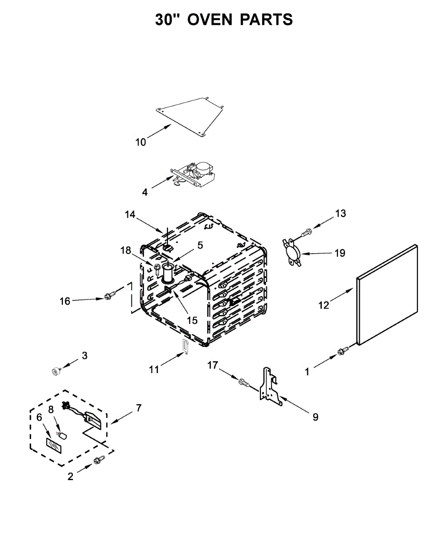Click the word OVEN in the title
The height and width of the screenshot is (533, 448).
pyautogui.click(x=210, y=20)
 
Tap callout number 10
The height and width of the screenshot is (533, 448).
pyautogui.click(x=140, y=142)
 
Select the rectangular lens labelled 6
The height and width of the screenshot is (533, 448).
pyautogui.click(x=54, y=445)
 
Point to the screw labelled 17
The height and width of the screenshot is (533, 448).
pyautogui.click(x=243, y=381)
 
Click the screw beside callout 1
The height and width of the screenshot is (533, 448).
pyautogui.click(x=343, y=352)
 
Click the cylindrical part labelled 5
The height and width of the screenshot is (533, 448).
pyautogui.click(x=168, y=273)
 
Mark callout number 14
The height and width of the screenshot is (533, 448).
pyautogui.click(x=130, y=214)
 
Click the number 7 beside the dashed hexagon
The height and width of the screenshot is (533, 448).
pyautogui.click(x=139, y=407)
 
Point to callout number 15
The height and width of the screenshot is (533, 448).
pyautogui.click(x=192, y=320)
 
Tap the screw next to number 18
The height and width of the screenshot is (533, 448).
pyautogui.click(x=157, y=268)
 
